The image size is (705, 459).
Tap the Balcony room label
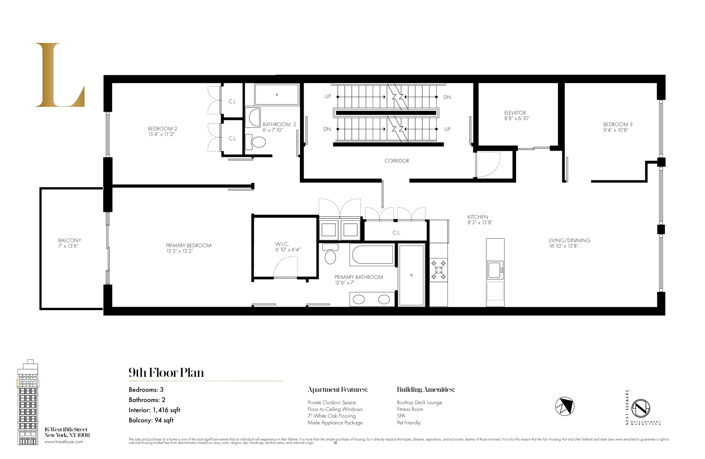[x=69, y=240]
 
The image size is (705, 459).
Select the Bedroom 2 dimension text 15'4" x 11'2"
[x=162, y=135]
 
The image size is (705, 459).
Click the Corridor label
[x=397, y=161]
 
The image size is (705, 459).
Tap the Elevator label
[x=515, y=113]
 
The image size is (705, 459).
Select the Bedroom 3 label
[x=618, y=125]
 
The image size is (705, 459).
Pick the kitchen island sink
[x=494, y=270]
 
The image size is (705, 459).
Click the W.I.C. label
[x=282, y=244]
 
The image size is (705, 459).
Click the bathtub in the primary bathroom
[x=372, y=254]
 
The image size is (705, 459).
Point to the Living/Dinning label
[x=569, y=240]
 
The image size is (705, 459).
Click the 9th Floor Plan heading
[x=166, y=373]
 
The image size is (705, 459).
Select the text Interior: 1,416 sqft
[x=154, y=410]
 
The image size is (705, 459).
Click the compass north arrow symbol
[x=564, y=406]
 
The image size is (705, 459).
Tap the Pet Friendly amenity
[x=409, y=423]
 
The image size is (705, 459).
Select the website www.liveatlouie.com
[x=64, y=442]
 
